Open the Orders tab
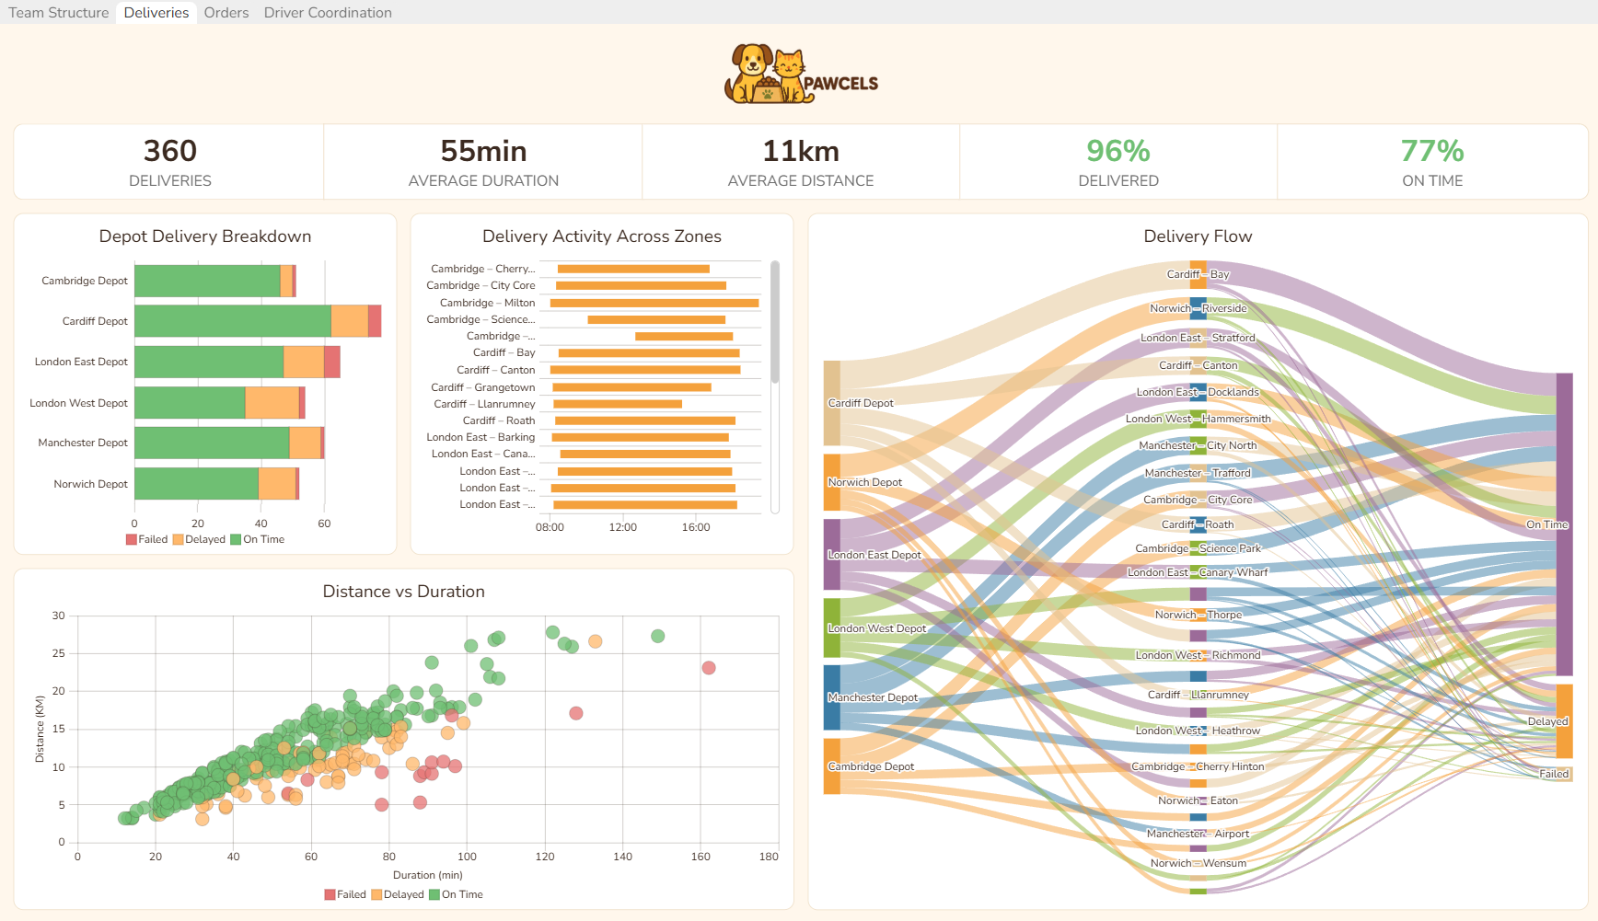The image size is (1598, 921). (x=226, y=13)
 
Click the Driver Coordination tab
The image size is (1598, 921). (x=328, y=13)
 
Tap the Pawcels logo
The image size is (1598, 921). (x=800, y=74)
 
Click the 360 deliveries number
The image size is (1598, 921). (x=170, y=151)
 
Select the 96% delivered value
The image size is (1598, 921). (x=1117, y=151)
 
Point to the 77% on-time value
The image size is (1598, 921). (x=1431, y=151)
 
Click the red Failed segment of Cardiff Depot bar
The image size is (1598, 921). (x=375, y=321)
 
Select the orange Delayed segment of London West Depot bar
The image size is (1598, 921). (x=272, y=403)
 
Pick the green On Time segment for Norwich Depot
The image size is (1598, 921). (x=196, y=484)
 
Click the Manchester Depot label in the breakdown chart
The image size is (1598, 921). (x=83, y=443)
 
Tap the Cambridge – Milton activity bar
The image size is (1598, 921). (x=654, y=303)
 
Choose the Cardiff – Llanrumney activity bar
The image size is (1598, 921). (x=618, y=404)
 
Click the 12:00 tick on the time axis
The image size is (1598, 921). (x=623, y=527)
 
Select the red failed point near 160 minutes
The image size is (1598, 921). (x=709, y=668)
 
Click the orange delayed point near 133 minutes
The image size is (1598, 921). (x=596, y=641)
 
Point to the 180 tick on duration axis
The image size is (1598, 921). (x=769, y=857)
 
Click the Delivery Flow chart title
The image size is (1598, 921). (x=1198, y=236)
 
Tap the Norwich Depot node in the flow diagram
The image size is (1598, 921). (x=832, y=482)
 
